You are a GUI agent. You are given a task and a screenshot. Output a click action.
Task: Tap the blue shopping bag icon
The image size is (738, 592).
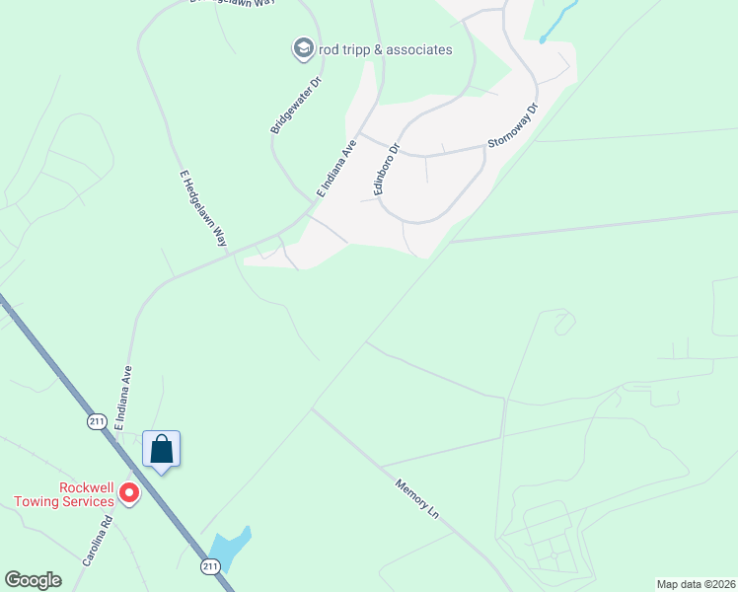pyautogui.click(x=162, y=451)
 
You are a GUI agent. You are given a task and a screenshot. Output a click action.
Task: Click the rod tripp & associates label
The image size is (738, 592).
pyautogui.click(x=386, y=49)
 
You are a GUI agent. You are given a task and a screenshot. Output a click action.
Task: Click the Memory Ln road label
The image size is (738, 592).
pyautogui.click(x=415, y=499)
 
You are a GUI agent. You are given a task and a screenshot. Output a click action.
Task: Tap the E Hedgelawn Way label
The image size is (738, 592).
pyautogui.click(x=203, y=207)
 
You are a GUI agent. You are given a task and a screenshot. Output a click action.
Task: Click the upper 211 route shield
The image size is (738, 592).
pyautogui.click(x=96, y=421)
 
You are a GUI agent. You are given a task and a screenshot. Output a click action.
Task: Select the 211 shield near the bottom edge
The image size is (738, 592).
pyautogui.click(x=208, y=565)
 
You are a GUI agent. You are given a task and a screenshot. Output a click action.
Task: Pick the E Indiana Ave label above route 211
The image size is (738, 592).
pyautogui.click(x=124, y=398)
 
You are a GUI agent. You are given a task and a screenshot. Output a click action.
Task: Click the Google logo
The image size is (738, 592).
pyautogui.click(x=34, y=580)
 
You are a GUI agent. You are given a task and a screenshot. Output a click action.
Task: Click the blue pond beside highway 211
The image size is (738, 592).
pyautogui.click(x=229, y=548)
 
